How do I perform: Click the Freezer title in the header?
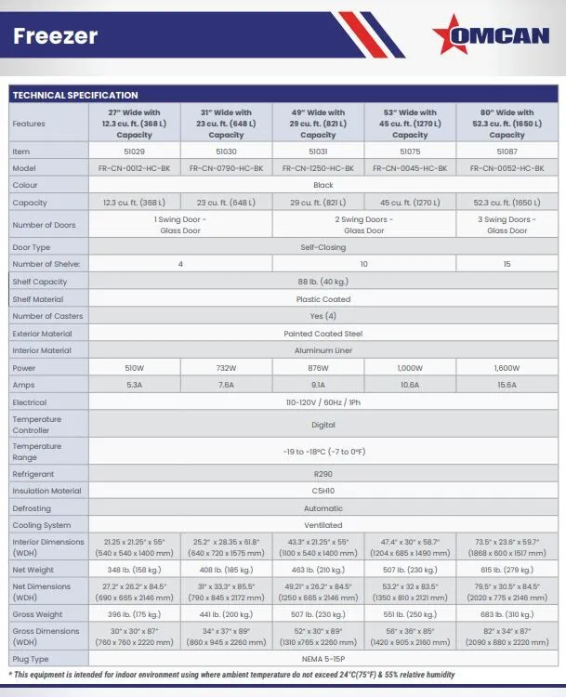tap(56, 37)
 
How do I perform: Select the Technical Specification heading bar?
tap(74, 95)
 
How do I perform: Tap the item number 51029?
tap(135, 150)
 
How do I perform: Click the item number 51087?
tap(507, 150)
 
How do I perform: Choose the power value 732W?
tap(227, 368)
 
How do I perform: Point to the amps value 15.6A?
tap(507, 386)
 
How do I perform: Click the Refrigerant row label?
tap(33, 473)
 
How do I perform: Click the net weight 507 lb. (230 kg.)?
tap(410, 569)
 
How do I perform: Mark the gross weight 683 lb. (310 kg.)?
tap(507, 615)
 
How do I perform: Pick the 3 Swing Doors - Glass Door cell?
tap(507, 225)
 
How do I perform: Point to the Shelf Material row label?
tap(38, 299)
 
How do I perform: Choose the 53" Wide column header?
tap(410, 124)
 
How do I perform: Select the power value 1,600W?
tap(507, 368)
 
